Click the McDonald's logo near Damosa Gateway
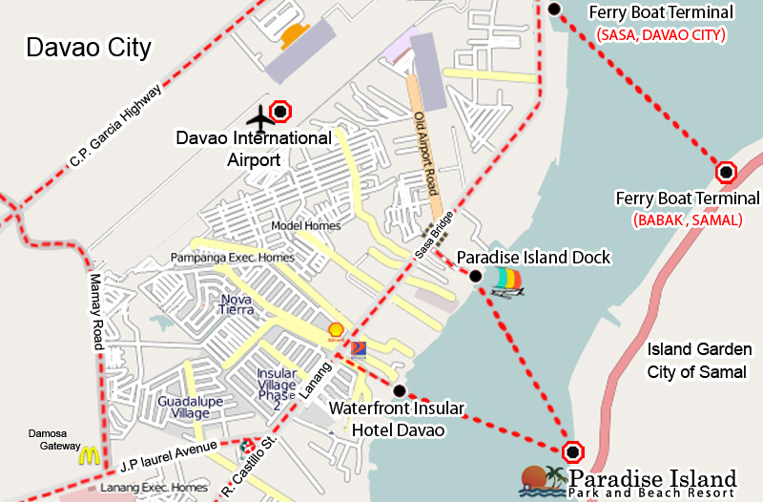(x=90, y=455)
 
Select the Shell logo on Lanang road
(x=336, y=330)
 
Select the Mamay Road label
(x=94, y=306)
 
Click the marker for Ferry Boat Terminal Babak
(x=726, y=173)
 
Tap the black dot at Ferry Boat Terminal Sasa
(x=555, y=10)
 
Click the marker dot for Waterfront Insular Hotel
(x=400, y=390)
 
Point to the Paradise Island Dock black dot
(x=475, y=276)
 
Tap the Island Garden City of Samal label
(x=699, y=361)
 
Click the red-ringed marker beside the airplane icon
(x=279, y=112)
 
